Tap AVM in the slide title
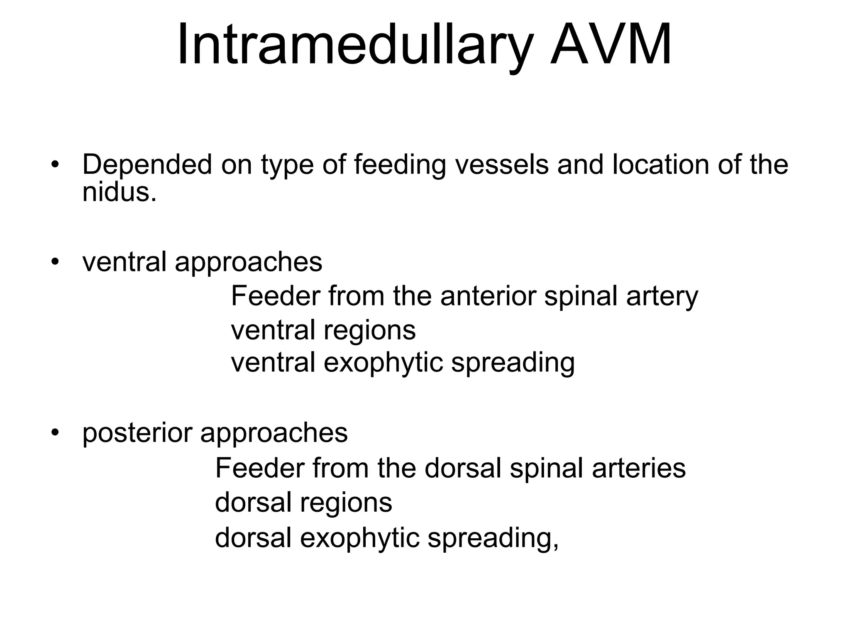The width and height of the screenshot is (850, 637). [611, 44]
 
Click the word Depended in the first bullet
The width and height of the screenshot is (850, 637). [147, 164]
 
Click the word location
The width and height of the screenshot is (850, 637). [661, 164]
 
